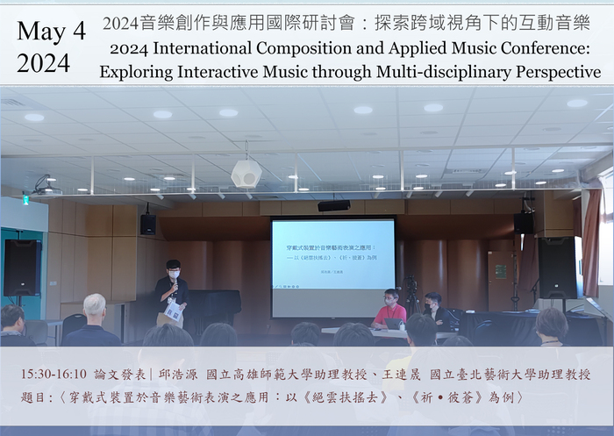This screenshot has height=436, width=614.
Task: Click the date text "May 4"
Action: (51, 32)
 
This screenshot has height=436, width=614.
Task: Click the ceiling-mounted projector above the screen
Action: (333, 205)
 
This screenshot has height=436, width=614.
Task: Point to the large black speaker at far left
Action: (22, 267)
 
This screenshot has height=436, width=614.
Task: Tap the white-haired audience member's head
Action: (94, 305)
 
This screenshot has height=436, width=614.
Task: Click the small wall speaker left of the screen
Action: (147, 225)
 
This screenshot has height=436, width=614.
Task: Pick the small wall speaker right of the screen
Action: (523, 224)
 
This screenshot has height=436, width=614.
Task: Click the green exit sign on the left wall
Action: (25, 199)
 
